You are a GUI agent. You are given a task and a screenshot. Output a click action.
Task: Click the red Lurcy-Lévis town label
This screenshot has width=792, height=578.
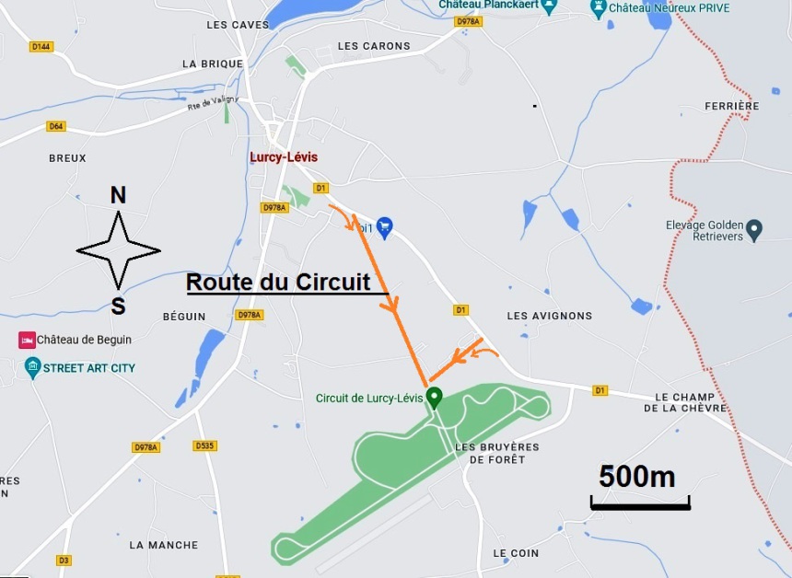point(284,157)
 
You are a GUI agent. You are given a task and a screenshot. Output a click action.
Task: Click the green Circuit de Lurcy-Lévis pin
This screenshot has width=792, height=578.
point(434,397)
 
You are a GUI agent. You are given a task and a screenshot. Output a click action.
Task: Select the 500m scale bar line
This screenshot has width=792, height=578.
point(640,503)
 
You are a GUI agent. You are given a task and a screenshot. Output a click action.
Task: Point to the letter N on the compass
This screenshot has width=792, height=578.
point(118,195)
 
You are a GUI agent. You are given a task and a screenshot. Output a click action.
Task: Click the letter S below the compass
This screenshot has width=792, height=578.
point(118,306)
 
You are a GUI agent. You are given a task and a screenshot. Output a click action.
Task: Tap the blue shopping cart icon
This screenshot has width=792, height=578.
point(385,225)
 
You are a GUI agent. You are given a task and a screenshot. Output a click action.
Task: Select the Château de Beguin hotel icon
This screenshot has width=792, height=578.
point(27,341)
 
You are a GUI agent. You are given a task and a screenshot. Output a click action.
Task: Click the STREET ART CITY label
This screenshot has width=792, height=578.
point(88,368)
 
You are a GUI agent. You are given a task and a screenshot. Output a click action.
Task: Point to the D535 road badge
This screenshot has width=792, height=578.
point(205,446)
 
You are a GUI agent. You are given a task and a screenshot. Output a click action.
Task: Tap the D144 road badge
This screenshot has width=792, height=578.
point(41,46)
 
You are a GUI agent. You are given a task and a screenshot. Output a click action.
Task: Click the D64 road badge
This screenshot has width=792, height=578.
point(56,126)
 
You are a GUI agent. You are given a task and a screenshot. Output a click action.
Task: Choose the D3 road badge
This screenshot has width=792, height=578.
point(64,560)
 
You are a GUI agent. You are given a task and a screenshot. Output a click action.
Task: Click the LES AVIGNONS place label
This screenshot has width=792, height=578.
point(550,316)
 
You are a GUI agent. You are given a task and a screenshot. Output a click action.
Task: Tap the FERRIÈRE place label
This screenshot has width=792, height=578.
point(732,106)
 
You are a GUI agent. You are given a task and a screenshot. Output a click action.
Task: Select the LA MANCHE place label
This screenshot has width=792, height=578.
point(164,545)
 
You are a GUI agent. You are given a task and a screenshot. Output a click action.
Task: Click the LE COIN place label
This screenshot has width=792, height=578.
point(516,553)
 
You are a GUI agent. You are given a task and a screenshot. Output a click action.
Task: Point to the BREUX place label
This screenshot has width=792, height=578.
point(67,158)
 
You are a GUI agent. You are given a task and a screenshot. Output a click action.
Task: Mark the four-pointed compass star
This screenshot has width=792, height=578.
point(118,250)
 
